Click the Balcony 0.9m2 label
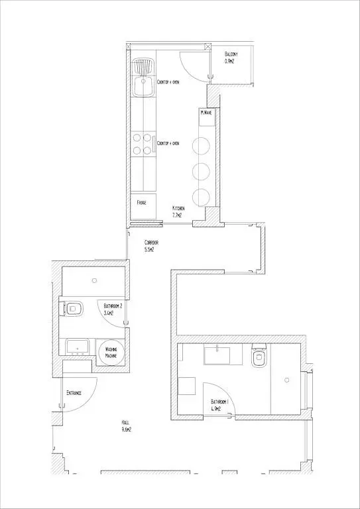(230, 57)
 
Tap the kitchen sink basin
(142, 87)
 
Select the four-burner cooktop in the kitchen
(142, 144)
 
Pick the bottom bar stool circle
(201, 196)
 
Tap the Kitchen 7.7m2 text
(178, 211)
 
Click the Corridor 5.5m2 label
(152, 246)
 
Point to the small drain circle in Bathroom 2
(97, 280)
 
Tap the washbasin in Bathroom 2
(78, 346)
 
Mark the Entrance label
(74, 393)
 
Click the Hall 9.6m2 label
(126, 425)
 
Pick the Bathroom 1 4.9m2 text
(219, 405)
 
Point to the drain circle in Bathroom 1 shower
(286, 380)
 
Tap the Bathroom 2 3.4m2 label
(113, 309)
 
